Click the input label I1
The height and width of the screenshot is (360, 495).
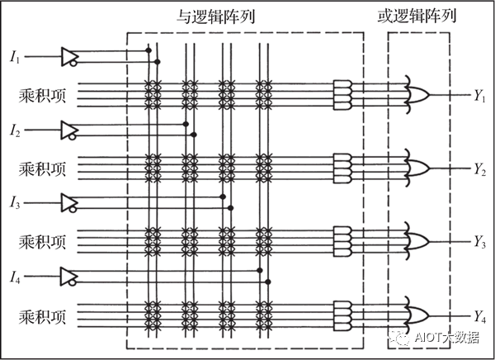pyautogui.click(x=16, y=57)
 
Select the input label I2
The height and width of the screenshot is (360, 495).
pyautogui.click(x=16, y=130)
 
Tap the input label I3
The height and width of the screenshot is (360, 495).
pyautogui.click(x=16, y=202)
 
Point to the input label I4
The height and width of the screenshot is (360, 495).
pyautogui.click(x=16, y=275)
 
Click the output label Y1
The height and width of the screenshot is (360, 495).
pyautogui.click(x=479, y=97)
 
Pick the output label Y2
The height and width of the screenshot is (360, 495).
pyautogui.click(x=479, y=169)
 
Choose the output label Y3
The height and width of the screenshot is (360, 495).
pyautogui.click(x=479, y=241)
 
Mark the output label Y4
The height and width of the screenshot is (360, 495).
pyautogui.click(x=479, y=315)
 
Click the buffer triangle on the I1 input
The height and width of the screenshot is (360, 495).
pyautogui.click(x=69, y=55)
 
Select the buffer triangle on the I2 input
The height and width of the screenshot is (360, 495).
pyautogui.click(x=69, y=129)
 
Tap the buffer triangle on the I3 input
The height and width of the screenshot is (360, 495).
pyautogui.click(x=69, y=201)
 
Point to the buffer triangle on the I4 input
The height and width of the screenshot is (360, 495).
pyautogui.click(x=69, y=274)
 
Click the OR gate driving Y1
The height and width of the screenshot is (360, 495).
pyautogui.click(x=417, y=95)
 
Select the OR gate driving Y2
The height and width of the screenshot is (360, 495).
pyautogui.click(x=417, y=168)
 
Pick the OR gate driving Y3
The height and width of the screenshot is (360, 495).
pyautogui.click(x=417, y=240)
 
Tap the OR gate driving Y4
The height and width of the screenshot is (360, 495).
pyautogui.click(x=417, y=314)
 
